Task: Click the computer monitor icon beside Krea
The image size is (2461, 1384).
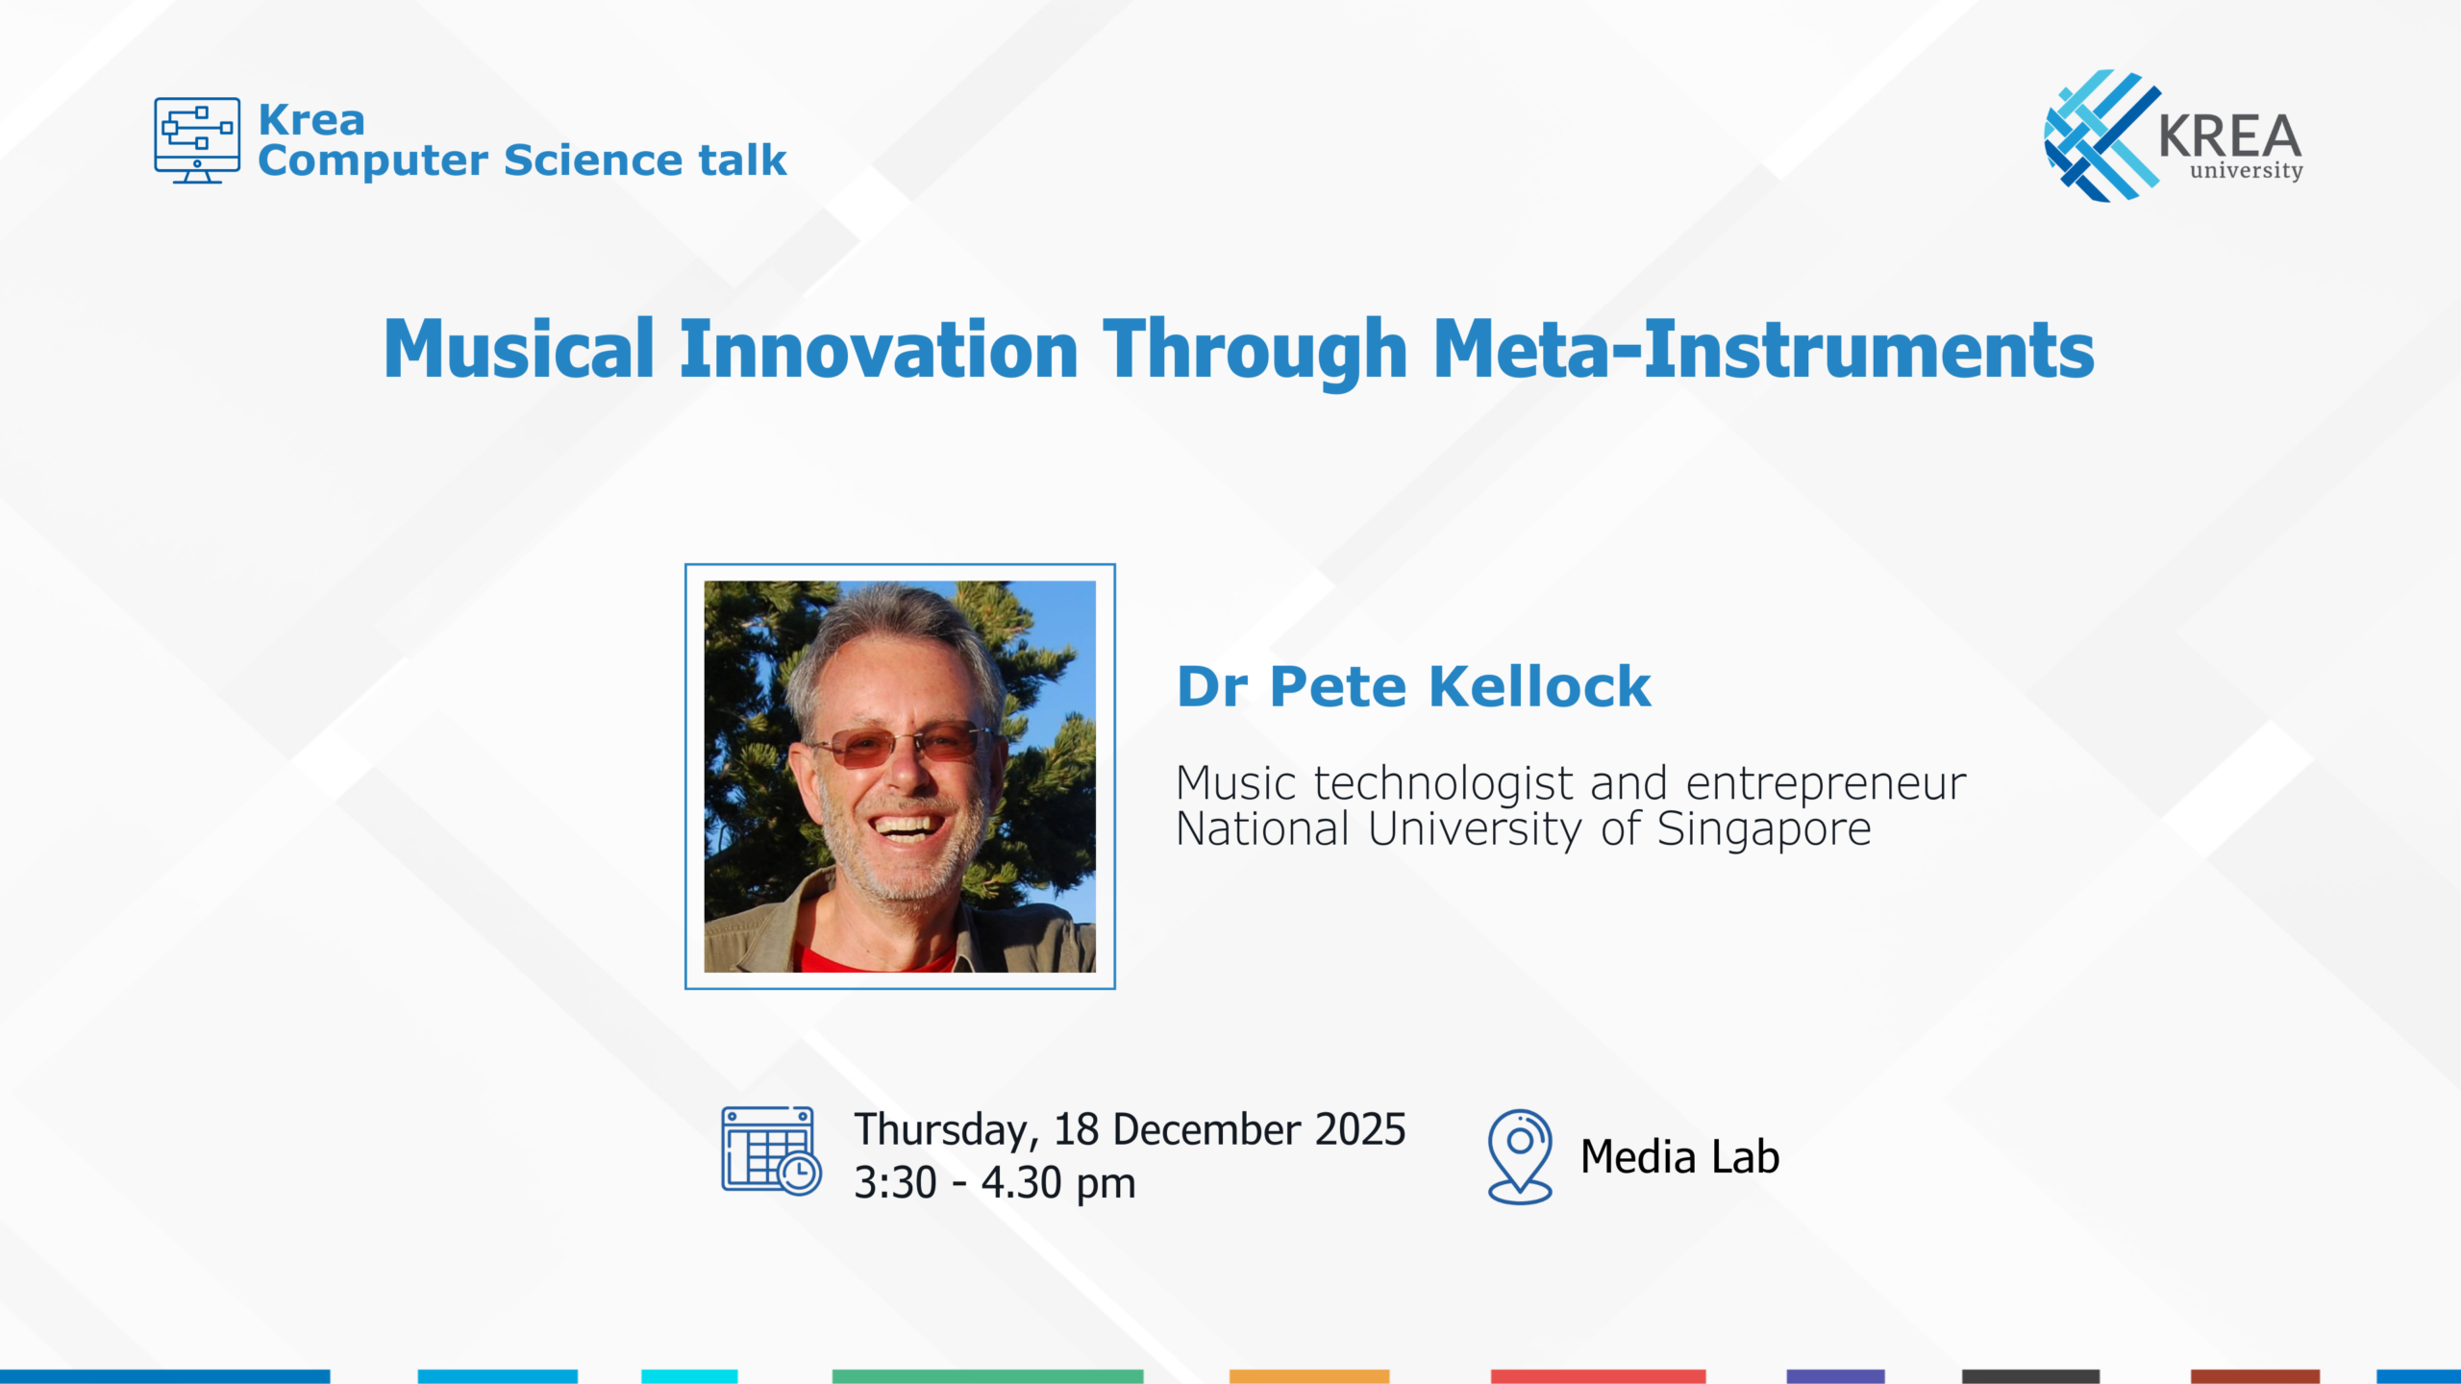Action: [x=197, y=140]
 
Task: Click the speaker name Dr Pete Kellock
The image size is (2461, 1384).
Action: [x=1414, y=686]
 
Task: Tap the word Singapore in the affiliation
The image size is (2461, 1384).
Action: [x=1764, y=829]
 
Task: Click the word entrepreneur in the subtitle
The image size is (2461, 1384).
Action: [x=1826, y=784]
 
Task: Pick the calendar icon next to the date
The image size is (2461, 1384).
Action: [x=771, y=1150]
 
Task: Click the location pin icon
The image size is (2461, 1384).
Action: [x=1520, y=1157]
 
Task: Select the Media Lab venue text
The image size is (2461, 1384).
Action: [x=1679, y=1156]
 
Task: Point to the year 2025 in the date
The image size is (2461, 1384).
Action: [x=1360, y=1129]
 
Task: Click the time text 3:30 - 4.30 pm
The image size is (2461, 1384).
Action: [x=995, y=1183]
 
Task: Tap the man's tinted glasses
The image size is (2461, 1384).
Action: [x=899, y=744]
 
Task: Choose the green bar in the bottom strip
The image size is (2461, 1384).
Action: [x=987, y=1376]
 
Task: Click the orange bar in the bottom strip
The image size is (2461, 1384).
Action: [x=1309, y=1376]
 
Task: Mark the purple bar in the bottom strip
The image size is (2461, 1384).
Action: [x=1835, y=1376]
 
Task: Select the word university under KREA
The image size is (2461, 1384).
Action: [x=2247, y=171]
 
